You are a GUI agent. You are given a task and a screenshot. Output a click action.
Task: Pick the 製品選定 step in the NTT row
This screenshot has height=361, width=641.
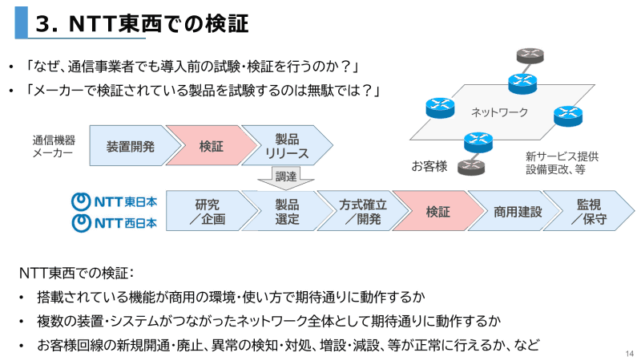pos(284,211)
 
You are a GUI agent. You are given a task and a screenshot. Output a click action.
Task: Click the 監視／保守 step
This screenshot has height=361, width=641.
pos(589,211)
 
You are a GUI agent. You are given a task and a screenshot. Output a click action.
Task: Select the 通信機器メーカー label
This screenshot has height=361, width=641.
pos(53,146)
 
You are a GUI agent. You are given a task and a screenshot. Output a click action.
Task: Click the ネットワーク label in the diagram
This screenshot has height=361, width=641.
pos(498,112)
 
